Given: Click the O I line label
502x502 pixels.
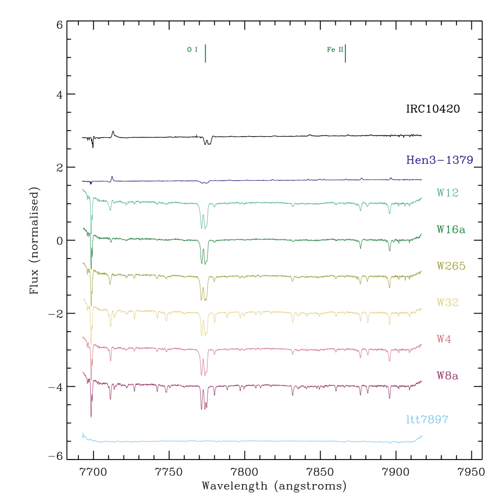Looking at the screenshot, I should [x=192, y=50].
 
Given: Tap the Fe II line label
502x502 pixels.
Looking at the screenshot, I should [x=335, y=50].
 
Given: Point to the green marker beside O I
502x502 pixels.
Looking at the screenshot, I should [x=205, y=53].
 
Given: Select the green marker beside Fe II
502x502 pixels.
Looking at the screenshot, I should [x=345, y=53].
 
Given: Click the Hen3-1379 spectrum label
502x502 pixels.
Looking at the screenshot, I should [x=439, y=160].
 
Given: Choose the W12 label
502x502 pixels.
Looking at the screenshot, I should [x=447, y=193].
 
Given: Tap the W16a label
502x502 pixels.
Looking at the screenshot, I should [x=450, y=230].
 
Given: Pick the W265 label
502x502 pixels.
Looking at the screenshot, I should [x=450, y=266].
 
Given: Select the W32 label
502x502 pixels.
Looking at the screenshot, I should [x=447, y=302].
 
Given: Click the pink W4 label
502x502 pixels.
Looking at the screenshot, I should [x=444, y=339].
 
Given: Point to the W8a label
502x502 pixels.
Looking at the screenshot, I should [x=447, y=376].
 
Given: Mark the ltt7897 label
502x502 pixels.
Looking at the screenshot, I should [x=427, y=420].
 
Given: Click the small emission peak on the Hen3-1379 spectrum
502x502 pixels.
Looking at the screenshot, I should [x=113, y=178].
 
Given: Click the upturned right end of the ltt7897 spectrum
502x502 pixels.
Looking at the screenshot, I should [x=421, y=436].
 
